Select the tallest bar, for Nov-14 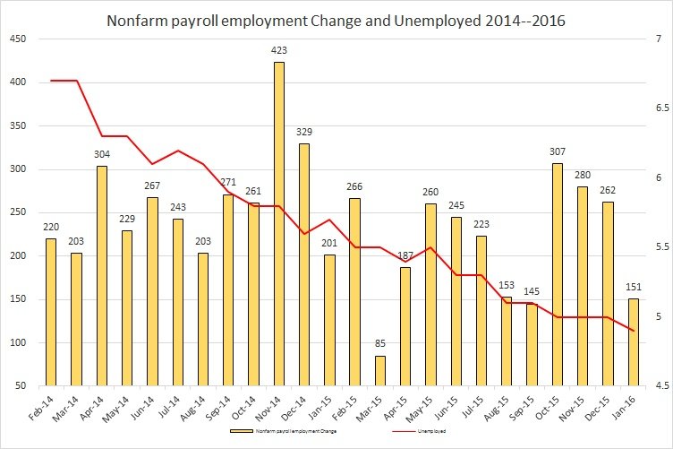click(x=278, y=224)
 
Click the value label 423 click(x=278, y=50)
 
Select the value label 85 click(x=380, y=344)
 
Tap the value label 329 click(x=303, y=132)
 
